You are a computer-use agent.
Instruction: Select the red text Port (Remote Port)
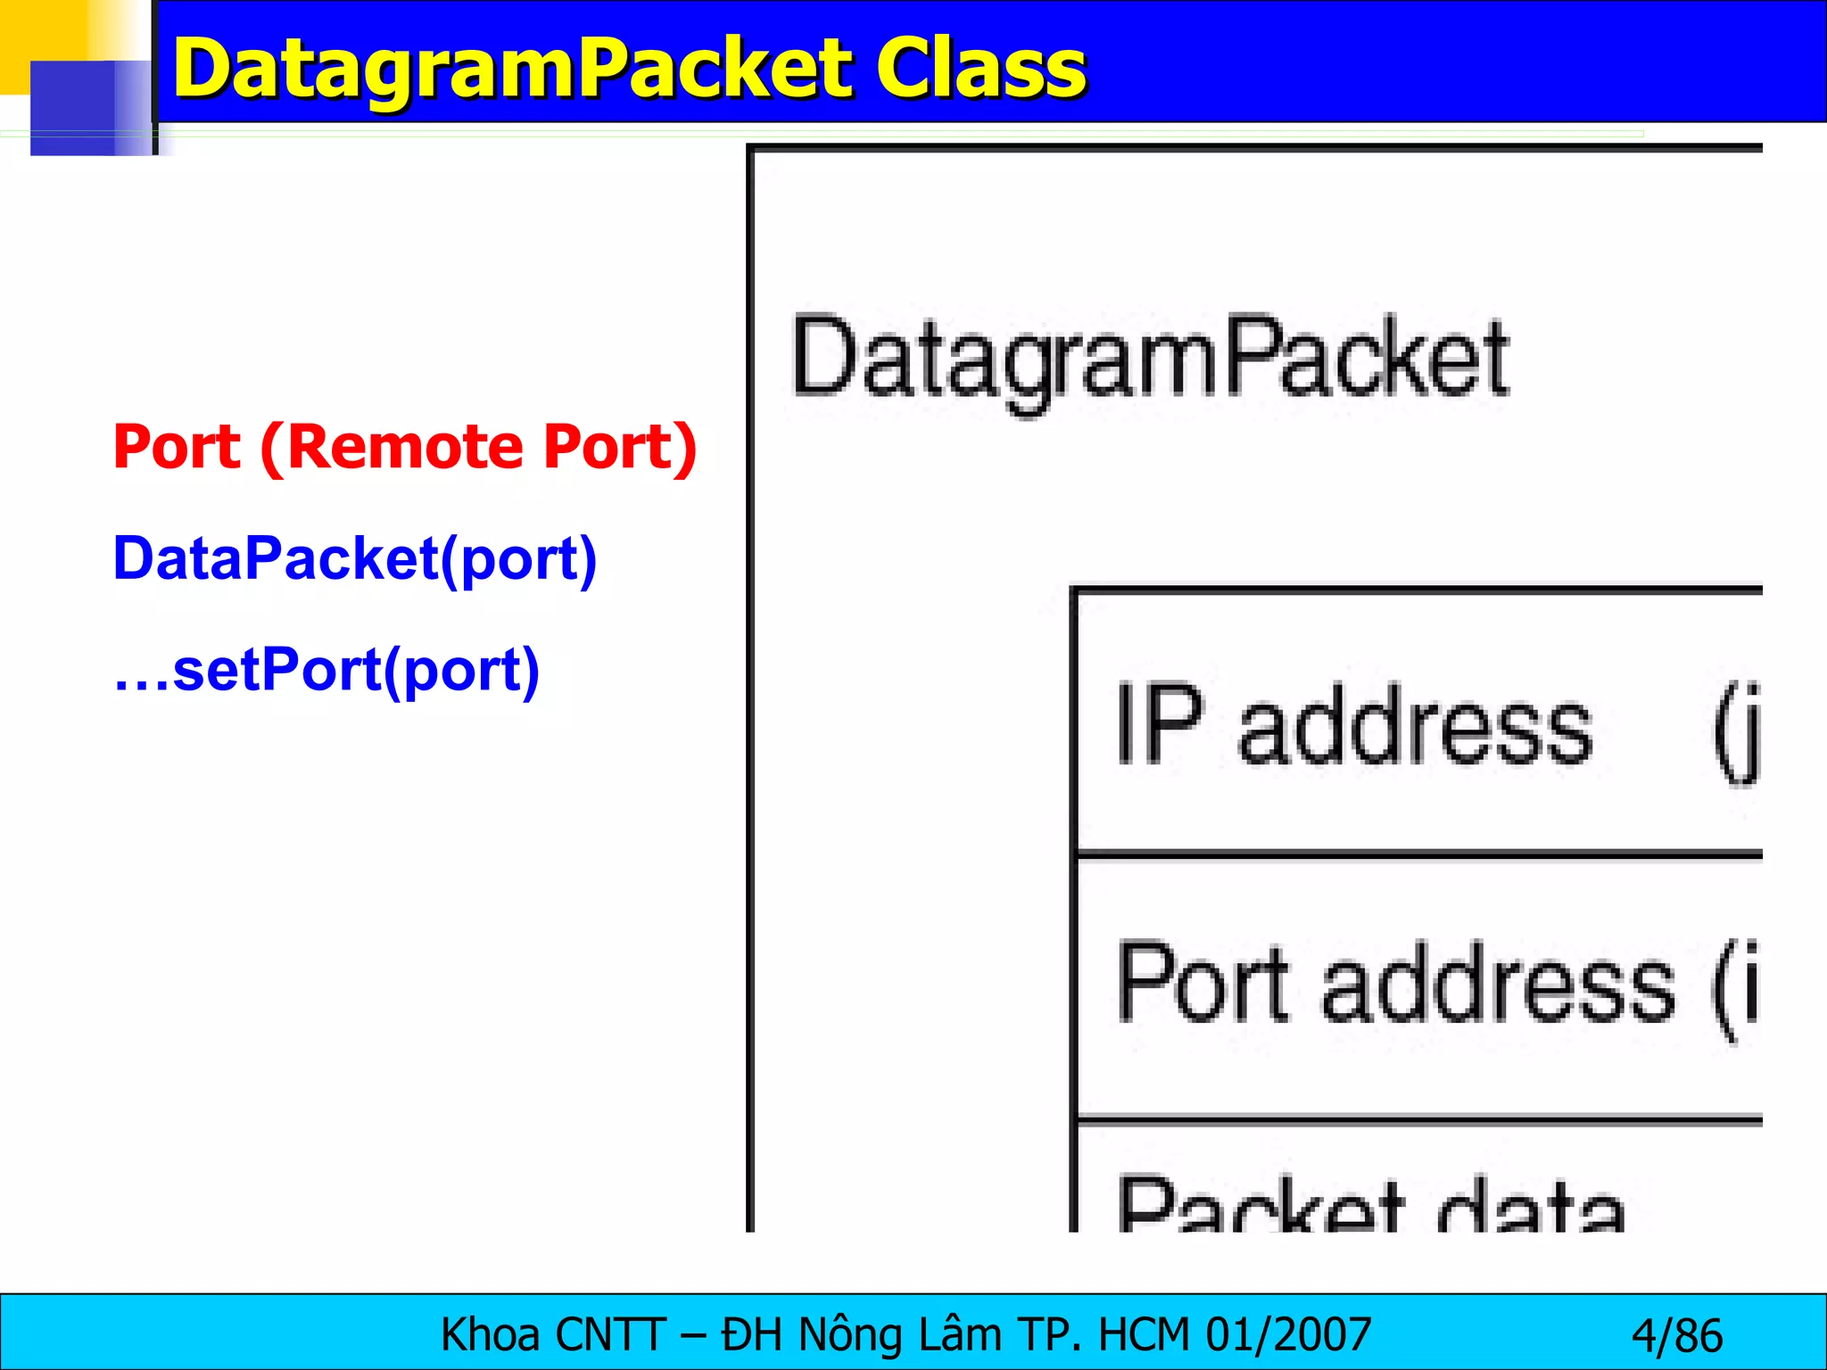pos(404,447)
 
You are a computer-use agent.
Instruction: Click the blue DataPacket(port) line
pos(354,559)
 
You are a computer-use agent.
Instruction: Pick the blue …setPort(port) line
pos(327,671)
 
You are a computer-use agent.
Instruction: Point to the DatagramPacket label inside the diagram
pos(1150,359)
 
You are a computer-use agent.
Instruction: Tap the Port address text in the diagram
pos(1396,984)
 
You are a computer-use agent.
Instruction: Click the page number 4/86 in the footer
pos(1676,1336)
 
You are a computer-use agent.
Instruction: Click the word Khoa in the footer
pos(490,1335)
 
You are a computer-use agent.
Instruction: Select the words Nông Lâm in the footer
pos(900,1335)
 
